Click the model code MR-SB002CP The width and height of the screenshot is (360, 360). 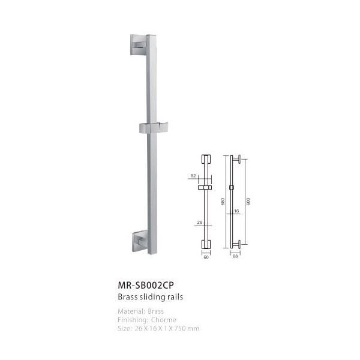tap(146, 285)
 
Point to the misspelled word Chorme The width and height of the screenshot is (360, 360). tap(163, 320)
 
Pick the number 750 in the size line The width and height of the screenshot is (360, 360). tap(180, 328)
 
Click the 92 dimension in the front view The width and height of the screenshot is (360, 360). tap(193, 176)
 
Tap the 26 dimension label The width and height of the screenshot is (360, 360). tap(200, 222)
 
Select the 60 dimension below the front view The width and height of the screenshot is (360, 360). tap(206, 257)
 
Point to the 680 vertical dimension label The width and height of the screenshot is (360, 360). tap(222, 202)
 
